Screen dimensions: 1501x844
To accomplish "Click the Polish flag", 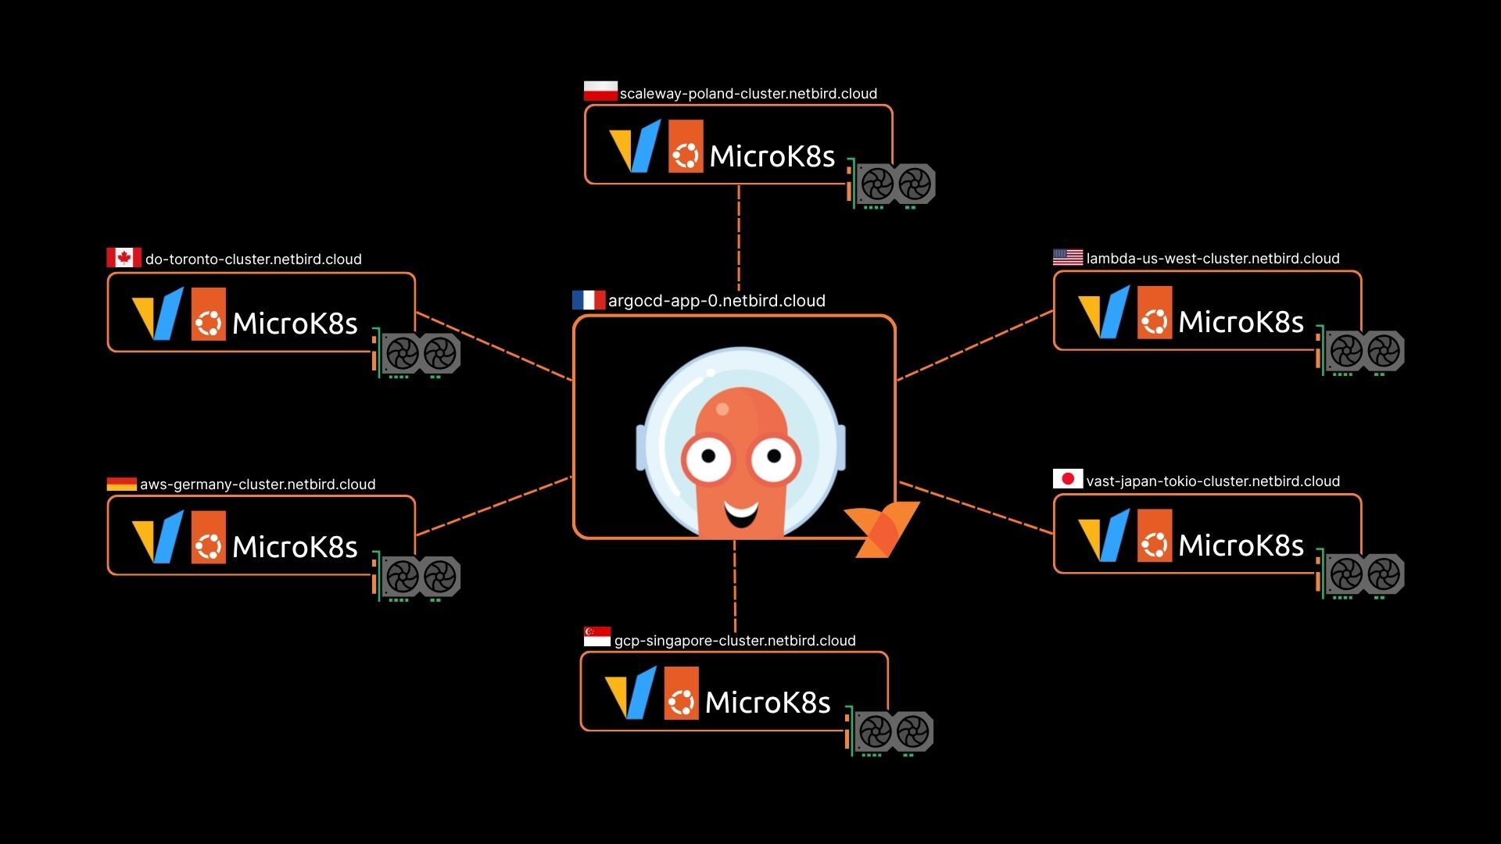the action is pos(600,91).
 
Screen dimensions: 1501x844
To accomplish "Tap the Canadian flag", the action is pos(124,257).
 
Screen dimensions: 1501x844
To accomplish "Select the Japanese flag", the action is pos(1068,478).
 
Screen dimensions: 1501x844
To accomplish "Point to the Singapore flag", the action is pos(597,636).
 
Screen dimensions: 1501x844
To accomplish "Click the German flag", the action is pos(122,484).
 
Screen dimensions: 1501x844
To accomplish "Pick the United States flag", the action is pos(1068,257).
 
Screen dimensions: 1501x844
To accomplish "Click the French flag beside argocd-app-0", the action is pos(589,300).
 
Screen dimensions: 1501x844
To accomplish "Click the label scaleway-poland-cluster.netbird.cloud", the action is pos(748,94).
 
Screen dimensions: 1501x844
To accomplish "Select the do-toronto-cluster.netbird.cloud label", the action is pos(253,259).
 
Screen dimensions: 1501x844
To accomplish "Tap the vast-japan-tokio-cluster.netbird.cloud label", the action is pos(1213,481).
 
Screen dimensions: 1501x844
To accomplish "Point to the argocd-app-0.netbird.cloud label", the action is pos(717,301).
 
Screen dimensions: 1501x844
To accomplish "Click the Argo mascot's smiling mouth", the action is pos(741,513).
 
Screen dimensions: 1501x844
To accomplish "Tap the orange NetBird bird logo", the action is pos(882,529).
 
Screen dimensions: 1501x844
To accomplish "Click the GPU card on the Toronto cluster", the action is pos(417,353).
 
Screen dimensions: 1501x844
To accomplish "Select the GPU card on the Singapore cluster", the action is pos(890,731).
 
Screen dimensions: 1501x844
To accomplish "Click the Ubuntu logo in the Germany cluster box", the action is pos(209,537).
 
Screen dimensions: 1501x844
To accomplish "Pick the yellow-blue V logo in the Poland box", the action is pos(635,146).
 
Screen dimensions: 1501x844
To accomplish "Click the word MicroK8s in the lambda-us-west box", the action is pos(1241,322).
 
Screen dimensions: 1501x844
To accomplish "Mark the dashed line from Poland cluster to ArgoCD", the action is pos(739,238).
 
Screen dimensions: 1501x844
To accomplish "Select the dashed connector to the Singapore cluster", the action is pos(735,595).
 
